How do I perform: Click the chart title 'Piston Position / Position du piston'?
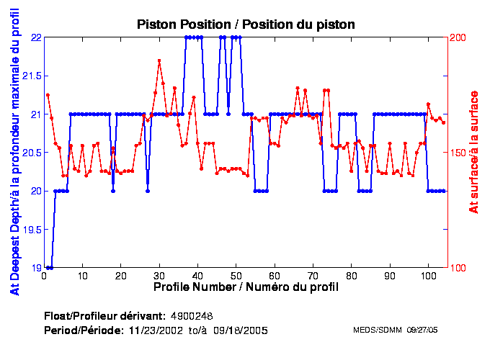(x=246, y=24)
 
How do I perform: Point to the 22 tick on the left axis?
(x=34, y=37)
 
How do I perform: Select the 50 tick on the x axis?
(x=236, y=276)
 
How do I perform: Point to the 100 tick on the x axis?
(x=428, y=276)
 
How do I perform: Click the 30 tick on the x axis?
(x=159, y=276)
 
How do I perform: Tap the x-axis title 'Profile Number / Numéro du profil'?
(x=246, y=287)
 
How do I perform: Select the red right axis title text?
(x=473, y=153)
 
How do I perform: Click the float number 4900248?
(x=191, y=316)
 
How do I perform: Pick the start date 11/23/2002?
(x=154, y=330)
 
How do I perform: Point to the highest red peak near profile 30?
(x=159, y=60)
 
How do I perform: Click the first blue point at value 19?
(x=48, y=268)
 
